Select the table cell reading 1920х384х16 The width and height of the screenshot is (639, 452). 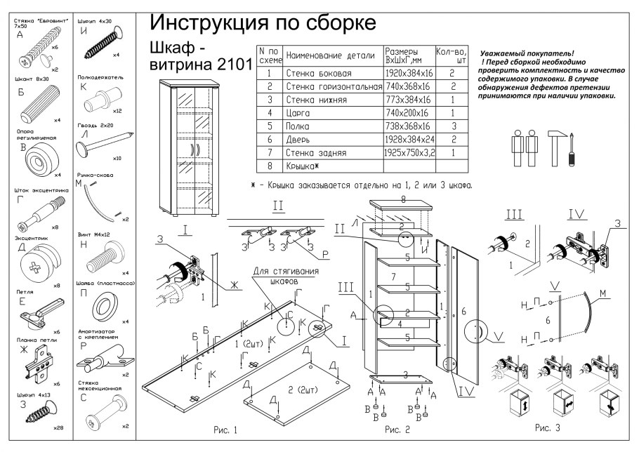408,73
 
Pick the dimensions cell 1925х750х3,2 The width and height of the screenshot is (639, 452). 409,152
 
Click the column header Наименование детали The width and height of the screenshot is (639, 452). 332,55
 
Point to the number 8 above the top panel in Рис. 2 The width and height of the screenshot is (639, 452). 403,199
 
